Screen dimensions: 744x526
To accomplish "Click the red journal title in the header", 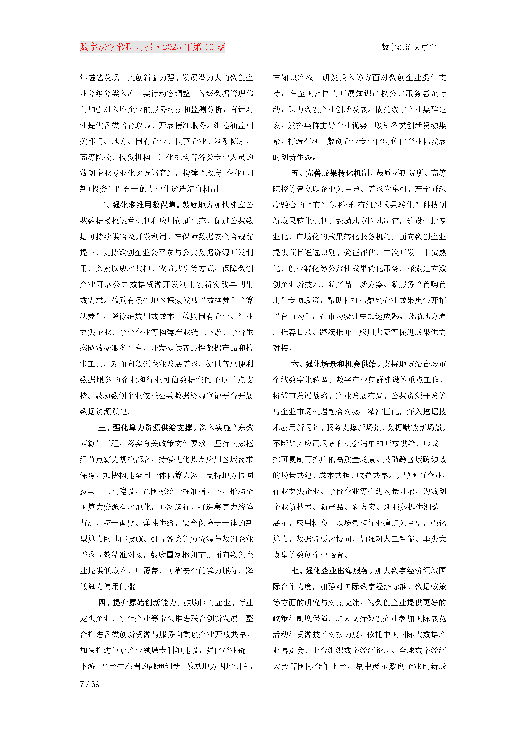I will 152,47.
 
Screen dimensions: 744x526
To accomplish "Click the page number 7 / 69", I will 90,684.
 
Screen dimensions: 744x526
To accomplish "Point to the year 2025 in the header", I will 172,47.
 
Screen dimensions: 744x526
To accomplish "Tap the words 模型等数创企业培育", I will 308,555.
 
